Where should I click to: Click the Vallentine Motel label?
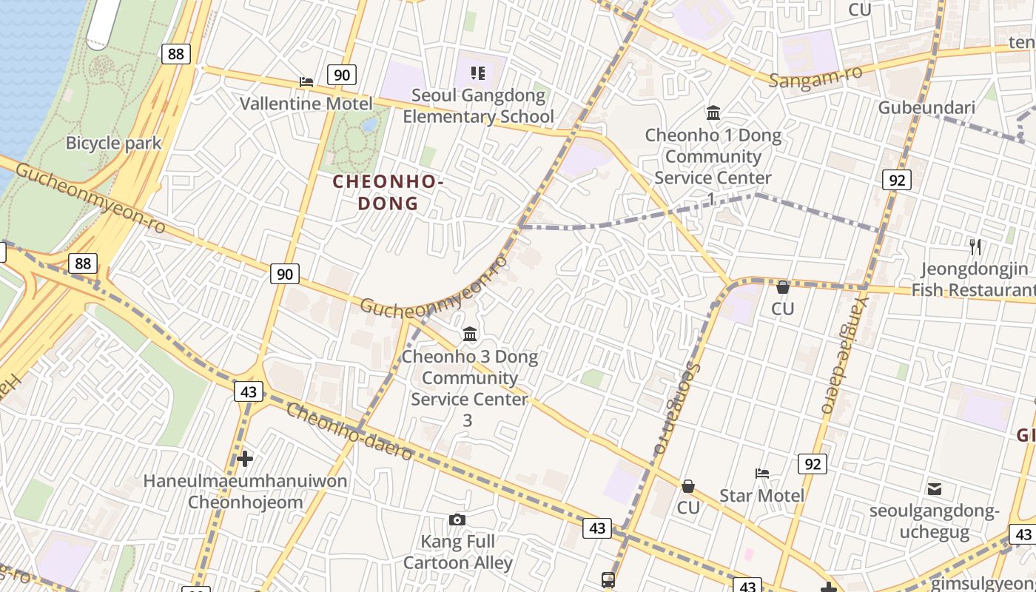tap(306, 103)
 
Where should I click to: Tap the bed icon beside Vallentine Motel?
tap(306, 81)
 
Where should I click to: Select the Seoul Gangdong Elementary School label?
tap(478, 106)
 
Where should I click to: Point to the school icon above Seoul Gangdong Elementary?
tap(478, 73)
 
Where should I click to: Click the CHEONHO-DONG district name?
tap(388, 192)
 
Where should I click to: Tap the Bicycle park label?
tap(114, 143)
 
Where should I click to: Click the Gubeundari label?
tap(926, 108)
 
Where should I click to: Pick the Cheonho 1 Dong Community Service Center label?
tap(713, 157)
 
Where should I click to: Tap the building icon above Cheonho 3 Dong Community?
tap(470, 334)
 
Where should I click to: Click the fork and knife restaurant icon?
tap(975, 246)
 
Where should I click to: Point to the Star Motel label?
tap(761, 495)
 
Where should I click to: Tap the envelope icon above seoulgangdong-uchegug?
tap(935, 488)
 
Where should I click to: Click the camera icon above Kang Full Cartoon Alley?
tap(457, 519)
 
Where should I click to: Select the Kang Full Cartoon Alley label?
tap(457, 552)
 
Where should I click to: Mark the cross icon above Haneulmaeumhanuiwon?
tap(245, 459)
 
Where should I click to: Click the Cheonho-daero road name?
tap(349, 431)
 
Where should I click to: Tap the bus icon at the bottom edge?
tap(608, 579)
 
